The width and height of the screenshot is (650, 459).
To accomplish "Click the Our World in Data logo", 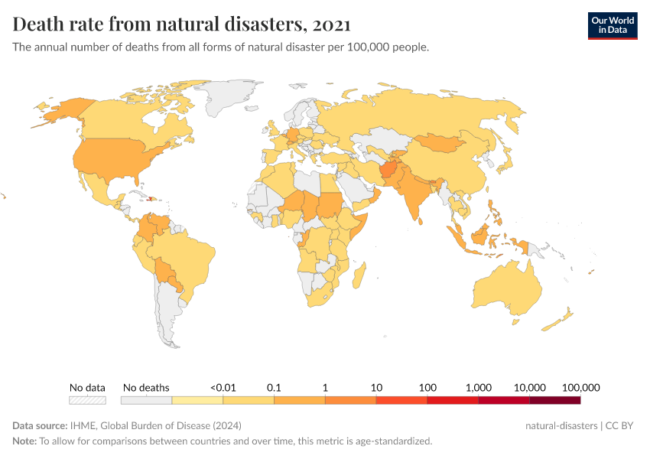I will pyautogui.click(x=612, y=25).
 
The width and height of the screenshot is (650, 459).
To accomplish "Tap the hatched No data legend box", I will pyautogui.click(x=87, y=399).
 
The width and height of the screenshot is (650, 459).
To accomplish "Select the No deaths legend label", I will pyautogui.click(x=146, y=387).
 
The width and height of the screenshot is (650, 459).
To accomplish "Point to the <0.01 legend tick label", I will pyautogui.click(x=222, y=387).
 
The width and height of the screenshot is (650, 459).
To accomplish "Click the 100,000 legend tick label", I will pyautogui.click(x=580, y=387).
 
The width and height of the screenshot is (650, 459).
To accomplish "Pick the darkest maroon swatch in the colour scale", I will pyautogui.click(x=554, y=399).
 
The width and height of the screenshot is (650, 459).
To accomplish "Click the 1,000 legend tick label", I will pyautogui.click(x=478, y=387).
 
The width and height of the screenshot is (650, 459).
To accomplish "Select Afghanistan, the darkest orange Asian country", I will pyautogui.click(x=390, y=171).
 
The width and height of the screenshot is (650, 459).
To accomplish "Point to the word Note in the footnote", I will pyautogui.click(x=24, y=441).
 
